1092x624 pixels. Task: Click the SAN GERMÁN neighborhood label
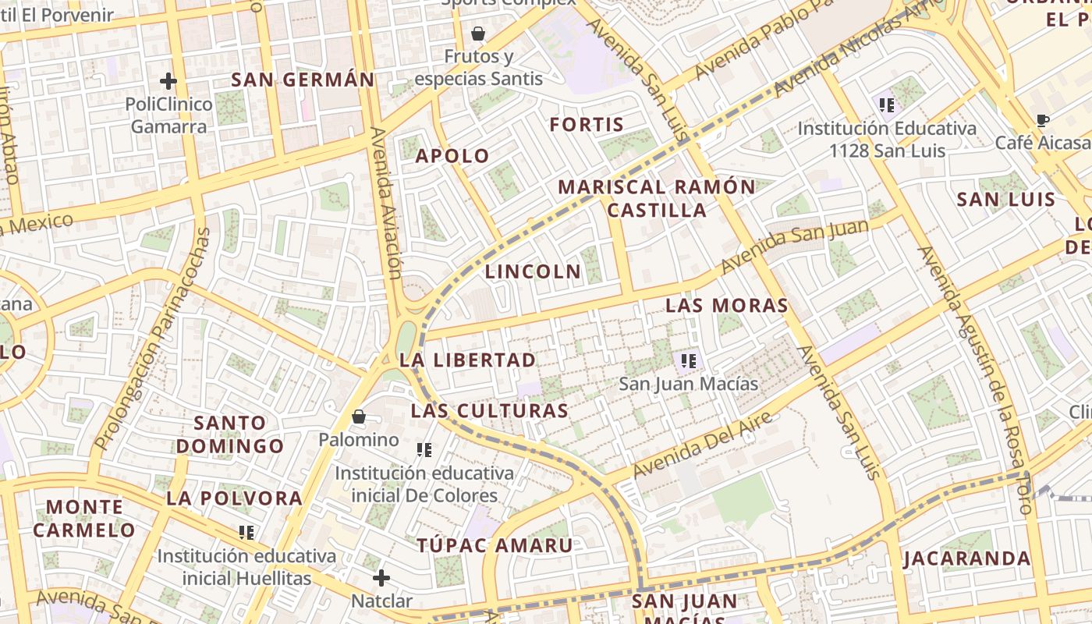click(x=303, y=80)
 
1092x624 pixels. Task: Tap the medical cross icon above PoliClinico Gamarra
click(x=168, y=81)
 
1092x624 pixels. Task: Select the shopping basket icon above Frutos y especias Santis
click(x=478, y=34)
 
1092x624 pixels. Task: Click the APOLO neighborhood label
click(x=452, y=156)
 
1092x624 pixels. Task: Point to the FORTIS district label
click(x=587, y=125)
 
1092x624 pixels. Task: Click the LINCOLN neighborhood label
click(x=534, y=272)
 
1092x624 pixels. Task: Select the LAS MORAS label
click(x=727, y=306)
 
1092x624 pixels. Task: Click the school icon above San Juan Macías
click(x=688, y=360)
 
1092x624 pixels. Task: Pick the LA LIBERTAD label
click(x=468, y=360)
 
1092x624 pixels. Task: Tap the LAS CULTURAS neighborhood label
click(x=490, y=411)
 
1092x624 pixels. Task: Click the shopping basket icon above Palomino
click(x=359, y=417)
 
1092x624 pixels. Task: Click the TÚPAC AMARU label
click(x=495, y=546)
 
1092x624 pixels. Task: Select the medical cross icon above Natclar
click(x=381, y=578)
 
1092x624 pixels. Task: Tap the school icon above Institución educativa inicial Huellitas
click(x=246, y=533)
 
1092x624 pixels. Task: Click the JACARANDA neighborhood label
click(x=967, y=559)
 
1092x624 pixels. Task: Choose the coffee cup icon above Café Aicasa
click(x=1042, y=120)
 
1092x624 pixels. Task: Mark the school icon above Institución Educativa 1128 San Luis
click(x=886, y=105)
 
